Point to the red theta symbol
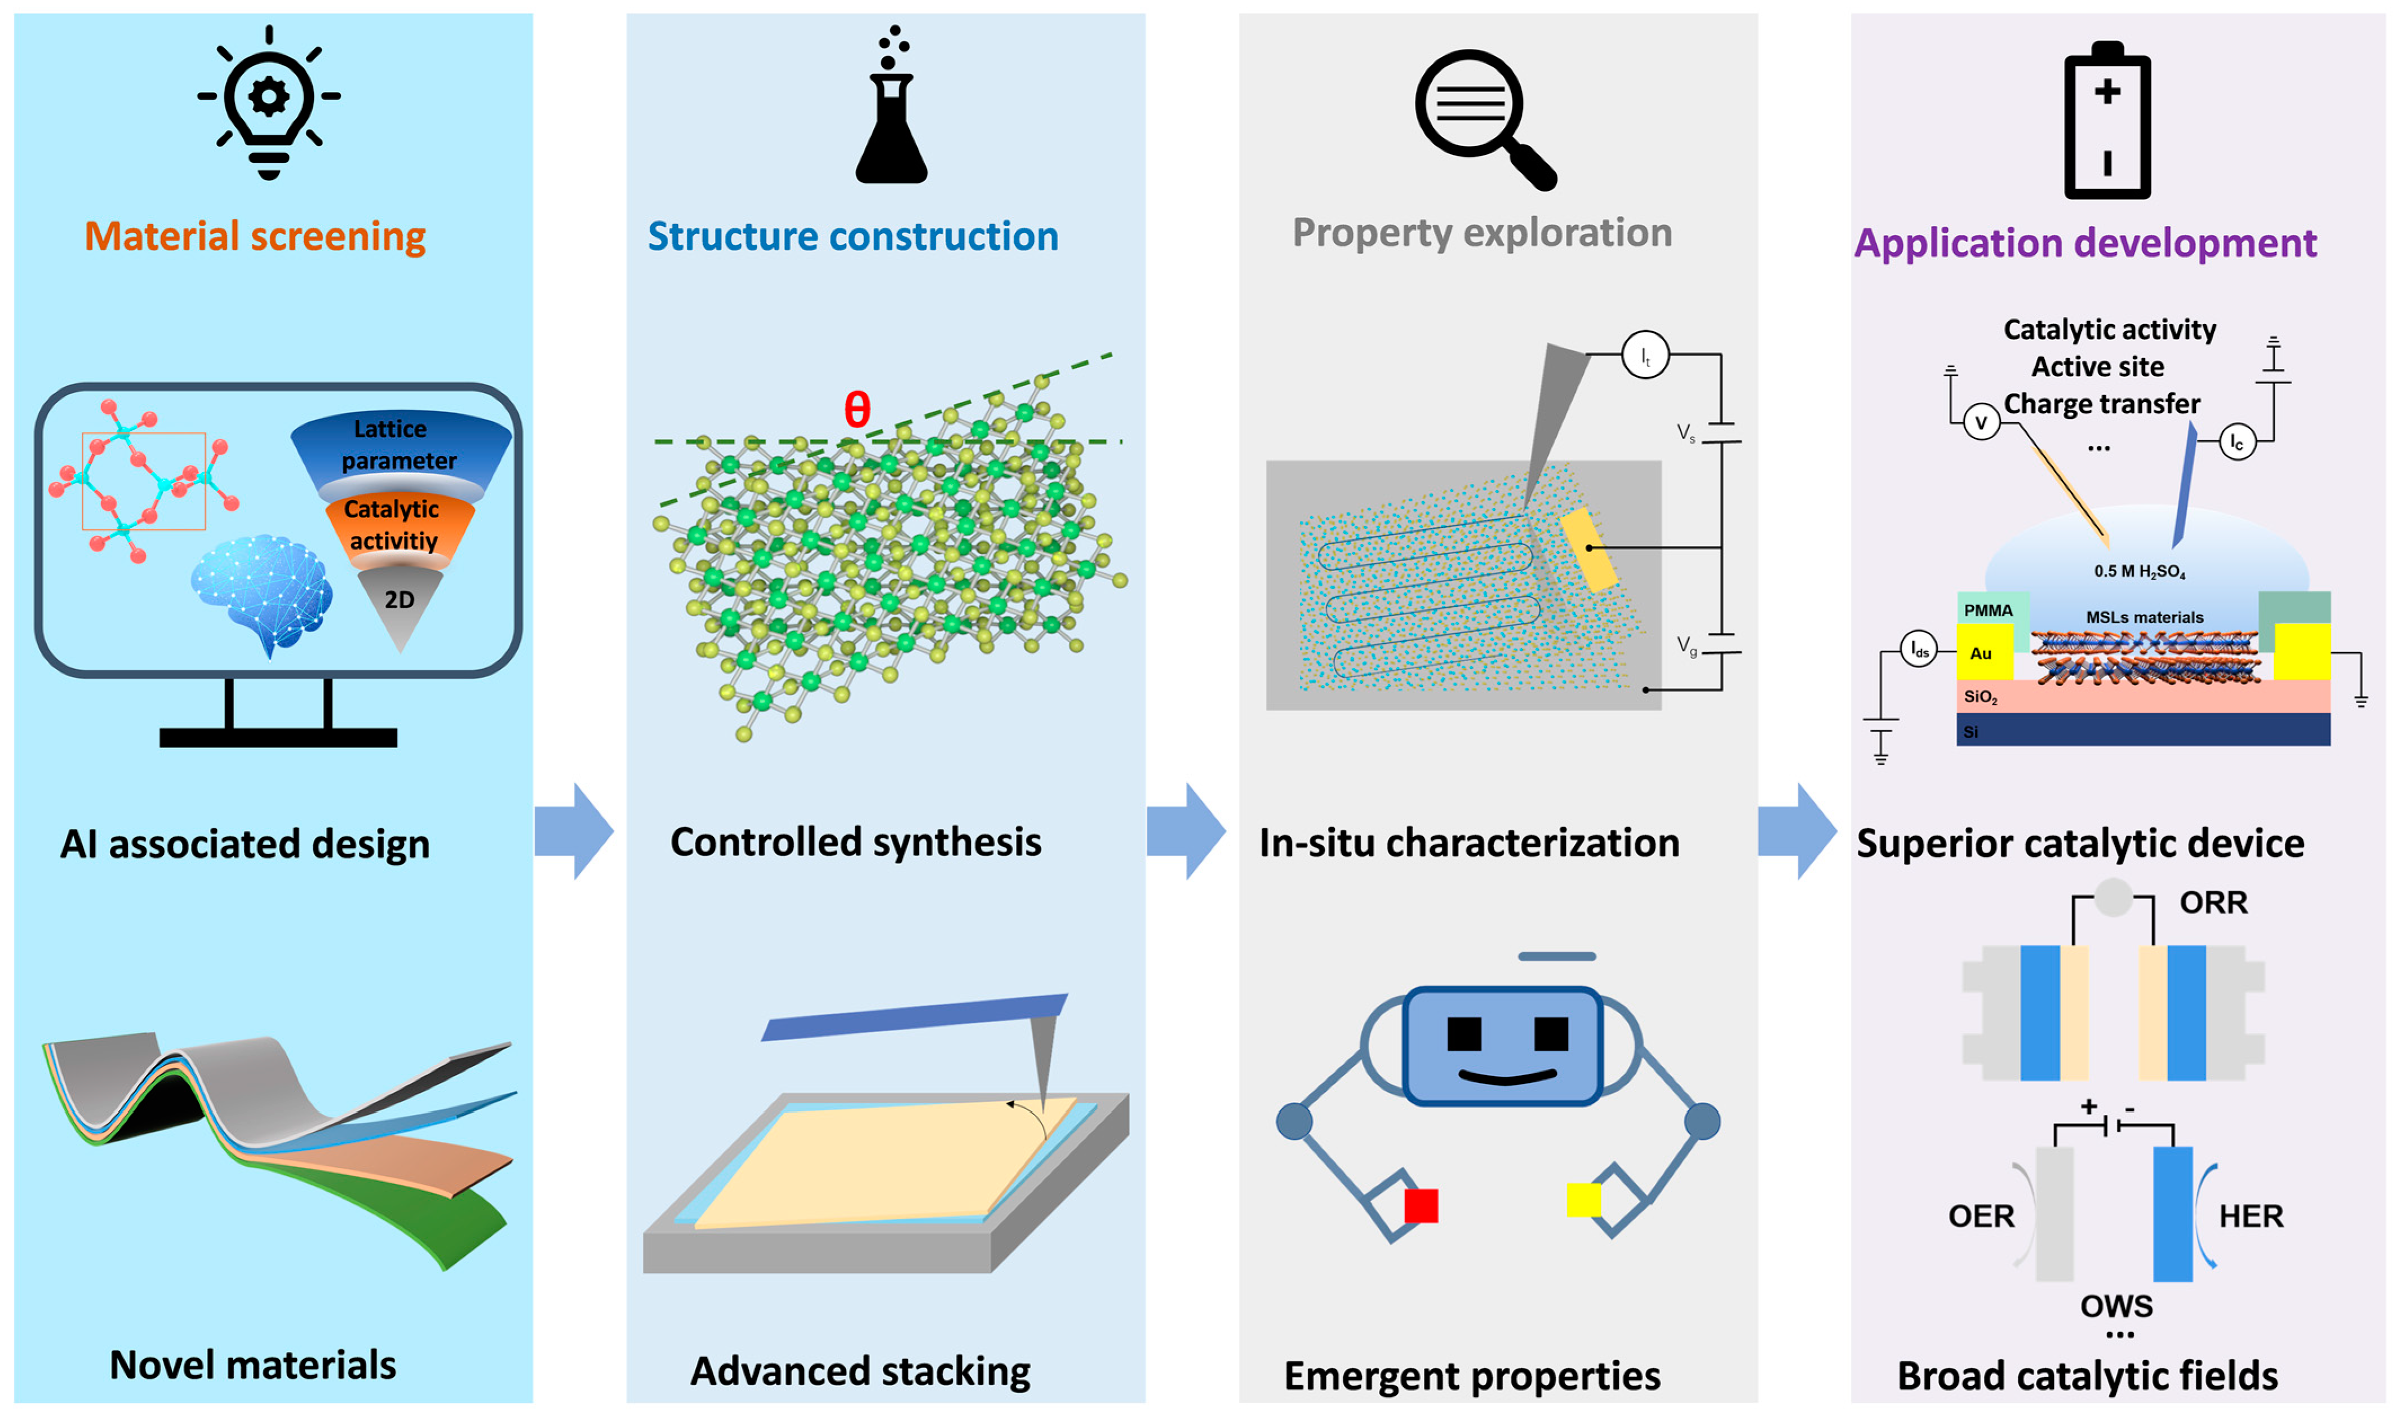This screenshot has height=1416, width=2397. point(856,410)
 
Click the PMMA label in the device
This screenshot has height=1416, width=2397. point(1988,610)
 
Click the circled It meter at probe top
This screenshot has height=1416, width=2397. point(1644,356)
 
